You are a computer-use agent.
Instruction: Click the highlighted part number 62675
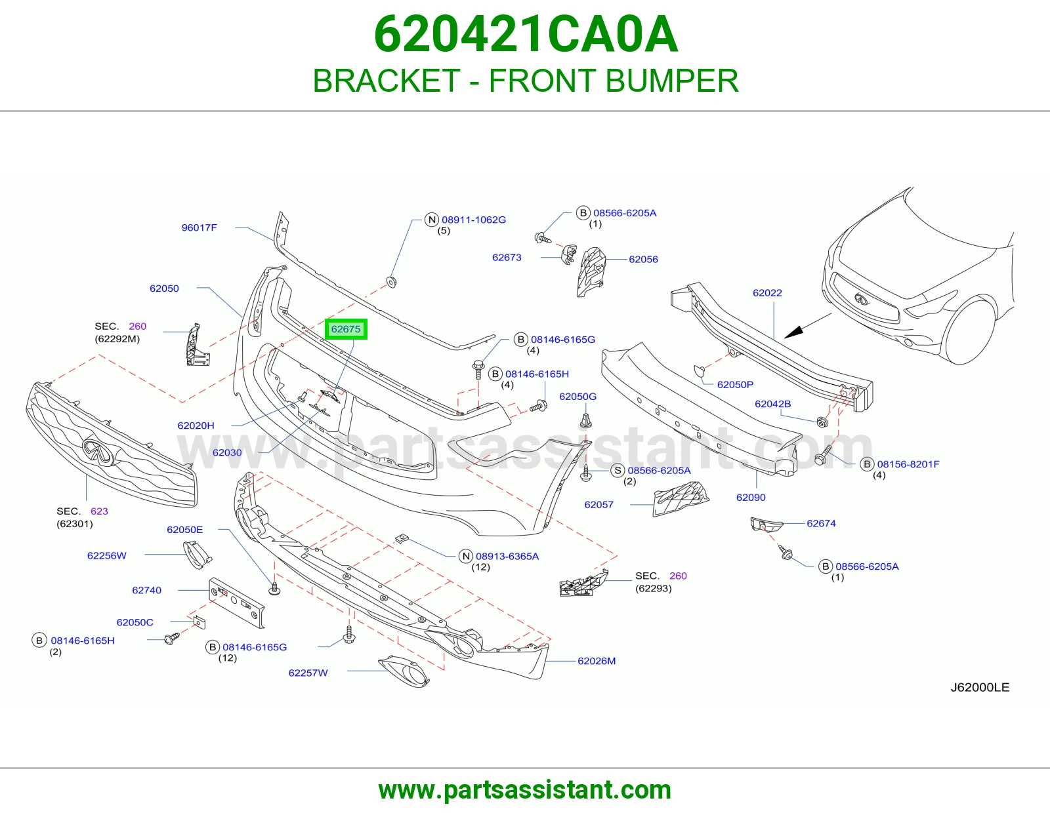coord(345,329)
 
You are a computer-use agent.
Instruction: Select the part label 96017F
coord(199,228)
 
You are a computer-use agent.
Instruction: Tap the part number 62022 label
coord(767,292)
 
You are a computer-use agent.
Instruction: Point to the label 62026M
coord(597,661)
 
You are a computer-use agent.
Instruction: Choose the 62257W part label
coord(308,673)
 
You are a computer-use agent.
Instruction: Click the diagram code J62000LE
coord(980,688)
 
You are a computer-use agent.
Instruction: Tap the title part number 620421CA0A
coord(526,34)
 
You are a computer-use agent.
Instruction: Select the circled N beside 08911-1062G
coord(432,220)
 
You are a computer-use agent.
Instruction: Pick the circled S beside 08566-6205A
coord(618,470)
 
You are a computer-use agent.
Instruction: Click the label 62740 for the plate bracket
coord(146,590)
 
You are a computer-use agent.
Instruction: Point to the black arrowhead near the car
coord(793,332)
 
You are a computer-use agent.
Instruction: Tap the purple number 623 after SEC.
coord(99,511)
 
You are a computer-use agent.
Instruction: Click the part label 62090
coord(750,497)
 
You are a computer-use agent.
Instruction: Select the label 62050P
coord(735,384)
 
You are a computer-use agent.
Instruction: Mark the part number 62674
coord(821,523)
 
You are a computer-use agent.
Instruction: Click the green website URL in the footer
coord(525,790)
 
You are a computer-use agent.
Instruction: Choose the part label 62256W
coord(107,556)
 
